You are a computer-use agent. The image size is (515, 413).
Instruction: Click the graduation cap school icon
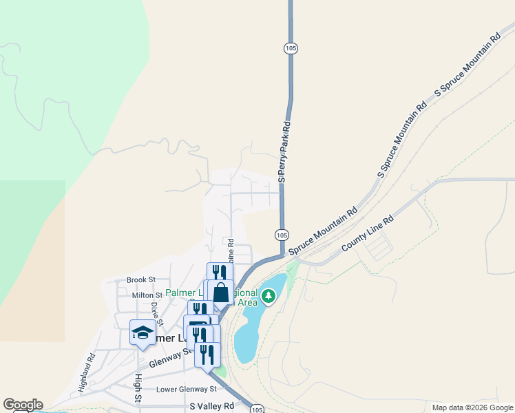(x=143, y=332)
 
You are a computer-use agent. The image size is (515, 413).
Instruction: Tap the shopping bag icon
(x=220, y=293)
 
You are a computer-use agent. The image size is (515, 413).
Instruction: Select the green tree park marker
(x=269, y=296)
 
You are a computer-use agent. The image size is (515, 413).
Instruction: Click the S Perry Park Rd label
(x=284, y=152)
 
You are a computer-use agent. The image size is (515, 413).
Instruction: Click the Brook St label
(x=142, y=280)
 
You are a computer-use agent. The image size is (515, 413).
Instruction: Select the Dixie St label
(x=157, y=313)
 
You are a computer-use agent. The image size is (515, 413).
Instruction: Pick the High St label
(x=138, y=389)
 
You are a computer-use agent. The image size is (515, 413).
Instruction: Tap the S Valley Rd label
(x=212, y=406)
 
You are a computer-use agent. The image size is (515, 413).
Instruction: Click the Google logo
(x=23, y=405)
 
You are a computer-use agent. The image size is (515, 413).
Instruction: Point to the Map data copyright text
(x=472, y=407)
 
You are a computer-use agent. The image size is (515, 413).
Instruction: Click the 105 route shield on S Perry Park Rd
(x=291, y=48)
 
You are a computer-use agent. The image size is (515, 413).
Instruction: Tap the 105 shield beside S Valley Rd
(x=256, y=408)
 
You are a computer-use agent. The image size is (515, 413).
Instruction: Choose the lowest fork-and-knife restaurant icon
(x=207, y=354)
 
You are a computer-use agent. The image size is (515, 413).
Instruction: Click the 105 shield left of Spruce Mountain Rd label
(x=282, y=235)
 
